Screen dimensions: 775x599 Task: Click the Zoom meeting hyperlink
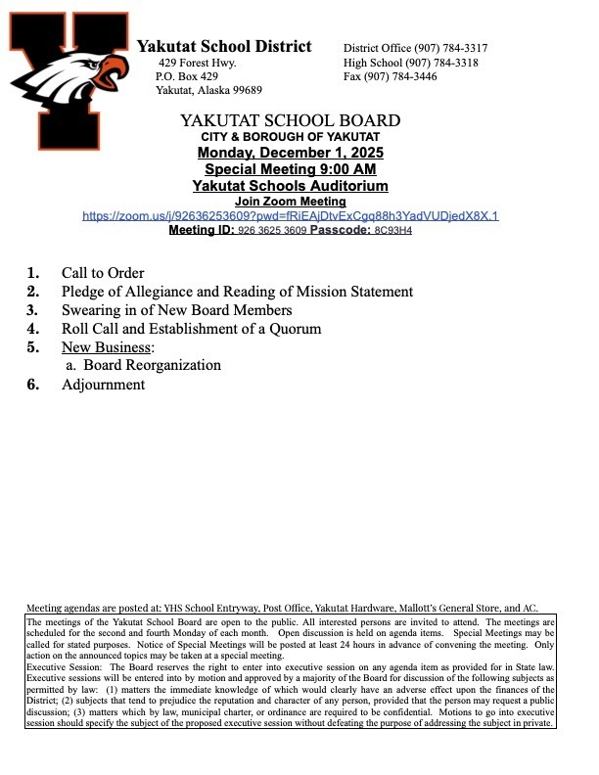[x=291, y=215]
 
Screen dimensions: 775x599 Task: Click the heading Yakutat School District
[x=224, y=47]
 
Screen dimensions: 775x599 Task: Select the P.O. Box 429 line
[x=187, y=76]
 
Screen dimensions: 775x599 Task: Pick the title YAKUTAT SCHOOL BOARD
[x=291, y=120]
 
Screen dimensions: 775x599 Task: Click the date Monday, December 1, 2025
[x=291, y=154]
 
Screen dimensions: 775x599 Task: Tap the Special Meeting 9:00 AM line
[x=291, y=170]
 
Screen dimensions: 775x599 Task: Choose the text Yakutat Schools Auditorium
[x=291, y=186]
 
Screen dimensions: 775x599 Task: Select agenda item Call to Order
[x=103, y=273]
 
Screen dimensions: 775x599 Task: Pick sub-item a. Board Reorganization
[x=144, y=365]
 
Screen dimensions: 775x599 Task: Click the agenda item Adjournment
[x=103, y=385]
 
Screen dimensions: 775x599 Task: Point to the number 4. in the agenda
[x=32, y=329]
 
